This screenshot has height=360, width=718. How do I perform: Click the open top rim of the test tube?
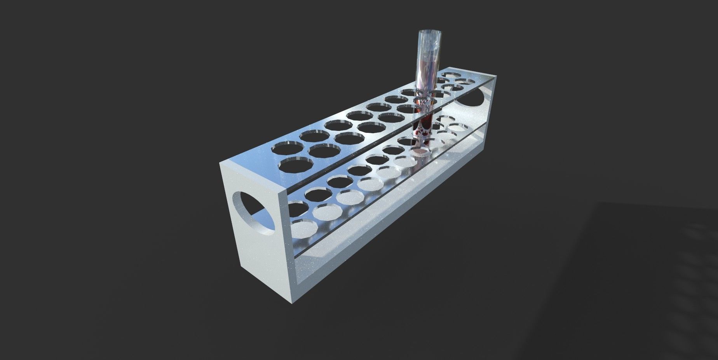click(x=430, y=32)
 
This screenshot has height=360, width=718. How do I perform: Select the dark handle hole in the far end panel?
click(x=473, y=97)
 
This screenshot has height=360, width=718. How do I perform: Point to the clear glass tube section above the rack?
click(x=429, y=62)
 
